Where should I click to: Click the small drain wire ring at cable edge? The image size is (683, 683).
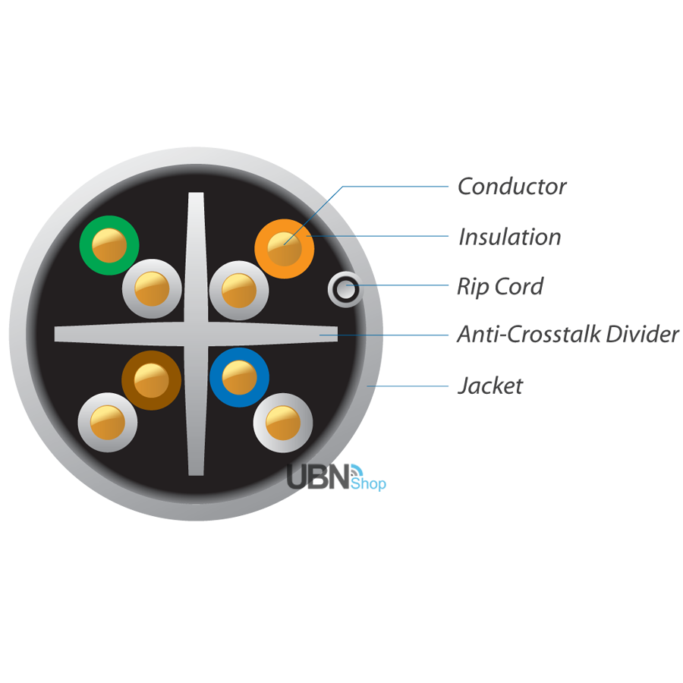[x=345, y=290]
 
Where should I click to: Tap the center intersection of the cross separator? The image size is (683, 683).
[x=196, y=335]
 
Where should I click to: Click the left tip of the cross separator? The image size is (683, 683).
[x=59, y=335]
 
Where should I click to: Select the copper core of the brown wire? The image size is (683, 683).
[x=152, y=380]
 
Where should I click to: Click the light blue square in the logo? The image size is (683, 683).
[x=372, y=478]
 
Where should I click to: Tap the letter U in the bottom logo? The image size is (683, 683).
[x=297, y=477]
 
